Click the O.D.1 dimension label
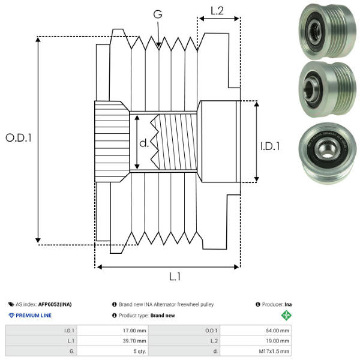click(18, 137)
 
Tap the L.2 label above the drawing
click(217, 10)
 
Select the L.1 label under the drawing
click(175, 277)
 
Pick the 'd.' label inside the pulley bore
click(143, 144)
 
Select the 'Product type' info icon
click(114, 316)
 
